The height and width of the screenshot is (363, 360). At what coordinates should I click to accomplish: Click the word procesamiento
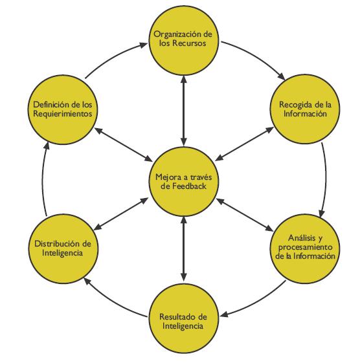(x=306, y=247)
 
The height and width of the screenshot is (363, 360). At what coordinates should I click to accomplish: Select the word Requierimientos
(x=63, y=114)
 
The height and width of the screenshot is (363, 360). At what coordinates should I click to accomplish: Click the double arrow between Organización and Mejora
(x=184, y=111)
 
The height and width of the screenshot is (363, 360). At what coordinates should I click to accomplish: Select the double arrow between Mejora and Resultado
(x=184, y=248)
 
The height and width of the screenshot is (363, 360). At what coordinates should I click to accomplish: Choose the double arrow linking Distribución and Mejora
(x=121, y=214)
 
